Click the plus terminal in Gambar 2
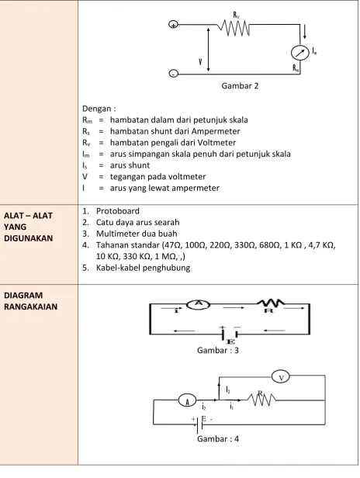(173, 25)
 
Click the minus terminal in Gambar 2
(173, 74)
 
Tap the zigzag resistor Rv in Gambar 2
(234, 29)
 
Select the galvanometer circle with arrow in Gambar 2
(300, 53)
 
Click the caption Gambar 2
(240, 86)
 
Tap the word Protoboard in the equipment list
(118, 211)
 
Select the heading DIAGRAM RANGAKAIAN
(30, 301)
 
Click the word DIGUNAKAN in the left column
(29, 238)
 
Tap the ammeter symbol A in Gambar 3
(199, 304)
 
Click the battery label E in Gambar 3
(230, 341)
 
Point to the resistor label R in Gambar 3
(268, 310)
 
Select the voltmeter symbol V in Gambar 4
(280, 377)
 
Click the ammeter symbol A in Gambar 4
(188, 400)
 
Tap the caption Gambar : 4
(218, 439)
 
